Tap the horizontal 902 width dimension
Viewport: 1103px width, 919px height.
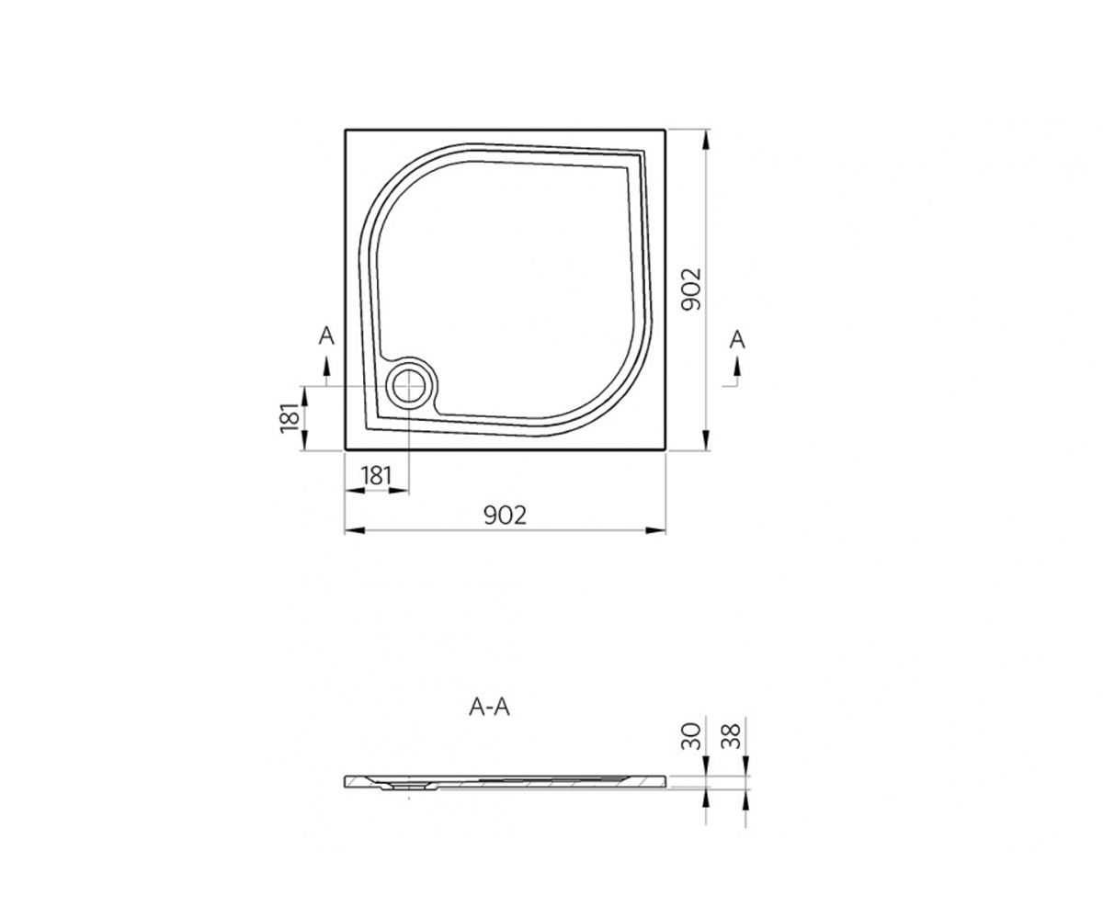506,516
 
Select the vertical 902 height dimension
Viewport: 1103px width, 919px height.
691,289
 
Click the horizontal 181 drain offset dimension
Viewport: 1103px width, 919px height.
376,476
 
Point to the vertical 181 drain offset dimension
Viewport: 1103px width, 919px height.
290,418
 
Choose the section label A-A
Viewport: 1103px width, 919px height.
489,708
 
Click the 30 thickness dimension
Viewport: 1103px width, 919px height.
691,736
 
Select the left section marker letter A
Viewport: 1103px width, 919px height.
326,335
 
